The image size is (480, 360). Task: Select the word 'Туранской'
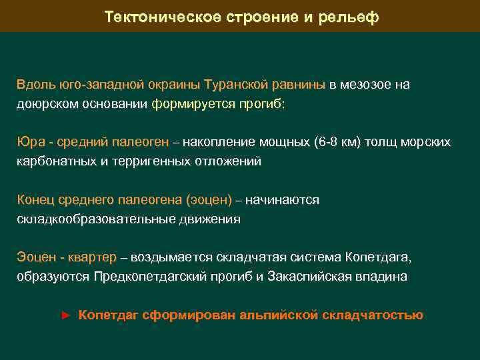tap(236, 85)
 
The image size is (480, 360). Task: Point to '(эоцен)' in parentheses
tap(209, 200)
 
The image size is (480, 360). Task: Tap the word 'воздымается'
tap(169, 257)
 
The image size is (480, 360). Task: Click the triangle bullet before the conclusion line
tap(65, 315)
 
